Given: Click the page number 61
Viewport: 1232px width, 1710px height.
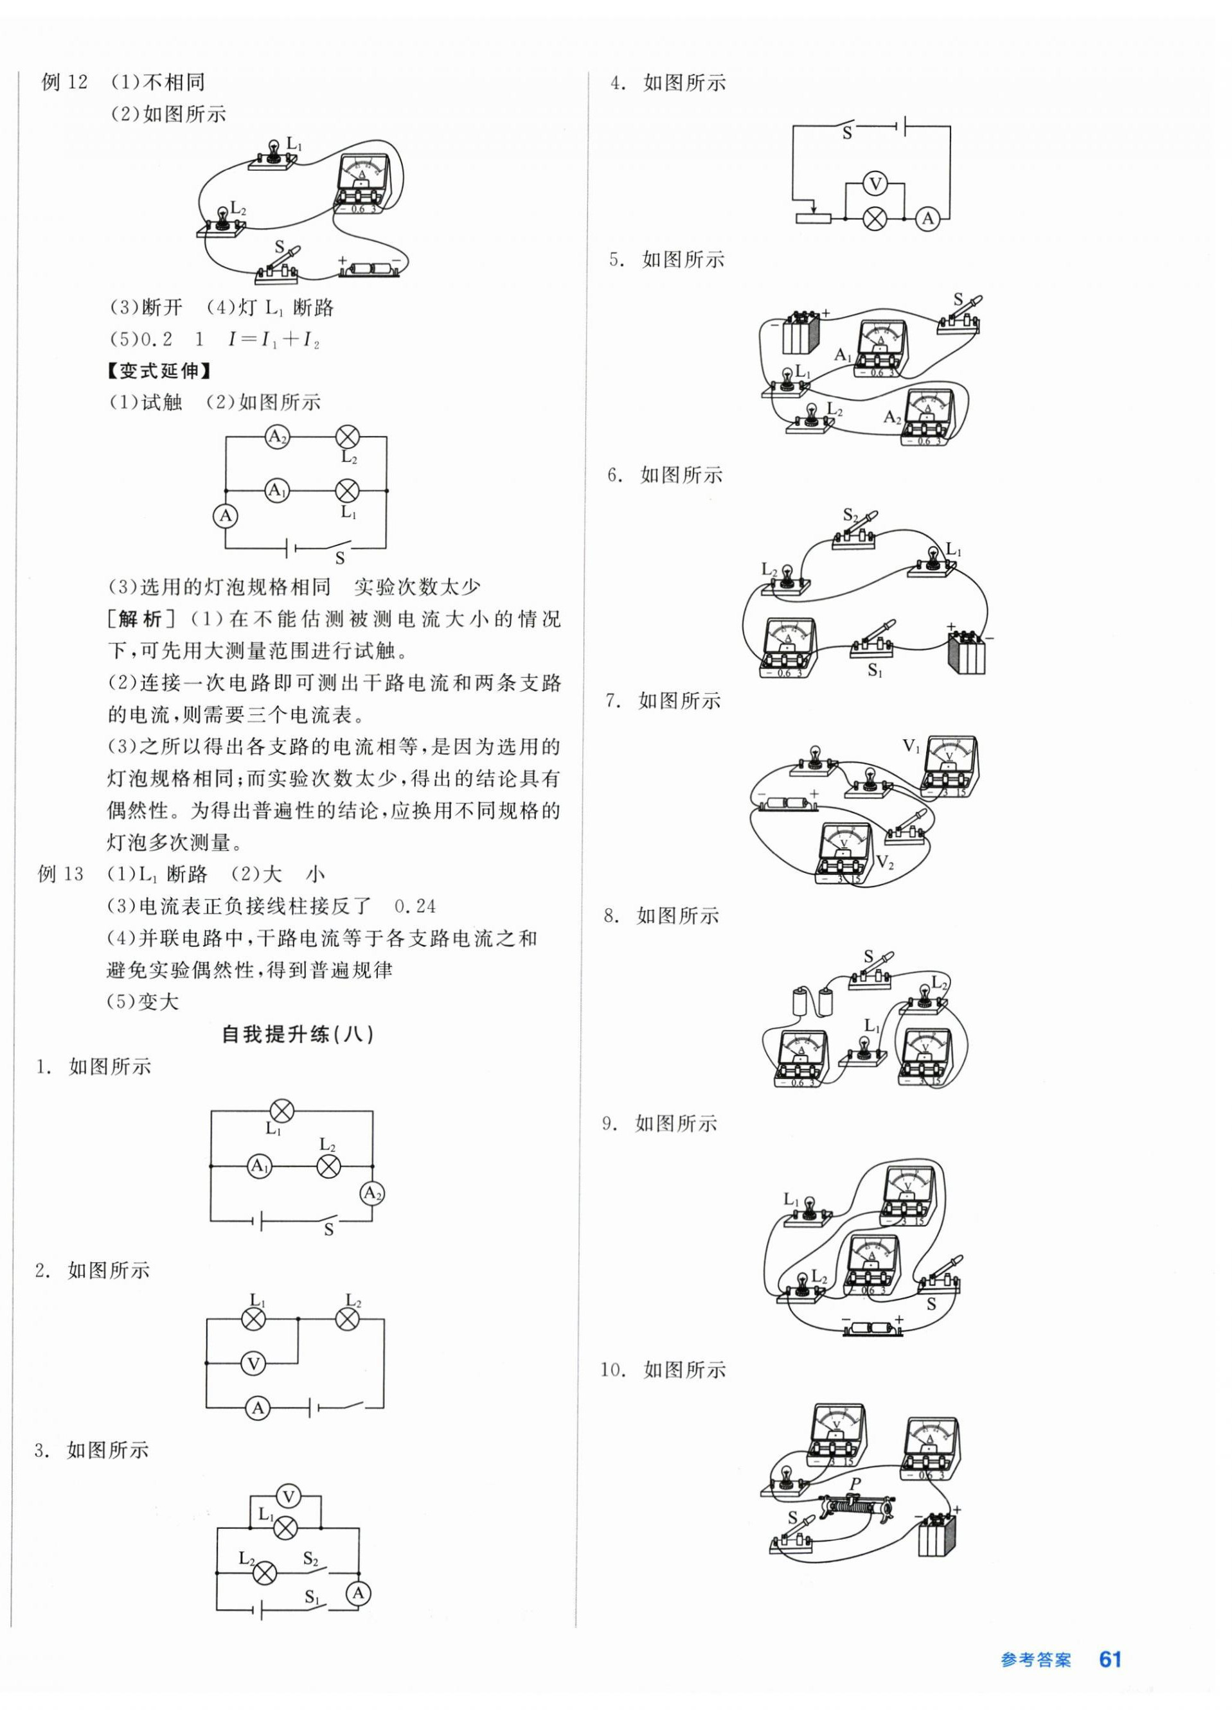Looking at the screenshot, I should [1110, 1659].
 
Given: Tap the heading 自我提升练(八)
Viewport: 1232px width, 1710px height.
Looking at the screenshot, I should [298, 1034].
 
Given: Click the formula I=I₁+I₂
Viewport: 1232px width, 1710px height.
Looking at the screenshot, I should [274, 339].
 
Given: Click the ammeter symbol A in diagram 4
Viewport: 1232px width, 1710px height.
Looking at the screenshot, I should [928, 218].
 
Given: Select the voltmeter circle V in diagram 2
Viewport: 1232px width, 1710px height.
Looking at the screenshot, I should [254, 1363].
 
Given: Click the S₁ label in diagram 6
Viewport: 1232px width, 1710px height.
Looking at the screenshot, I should [875, 670].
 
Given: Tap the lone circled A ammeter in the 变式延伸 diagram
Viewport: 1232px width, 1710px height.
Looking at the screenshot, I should [225, 516].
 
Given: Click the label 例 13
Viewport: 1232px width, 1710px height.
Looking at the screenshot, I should [60, 874].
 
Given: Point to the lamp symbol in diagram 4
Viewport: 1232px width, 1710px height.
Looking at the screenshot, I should [875, 218].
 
